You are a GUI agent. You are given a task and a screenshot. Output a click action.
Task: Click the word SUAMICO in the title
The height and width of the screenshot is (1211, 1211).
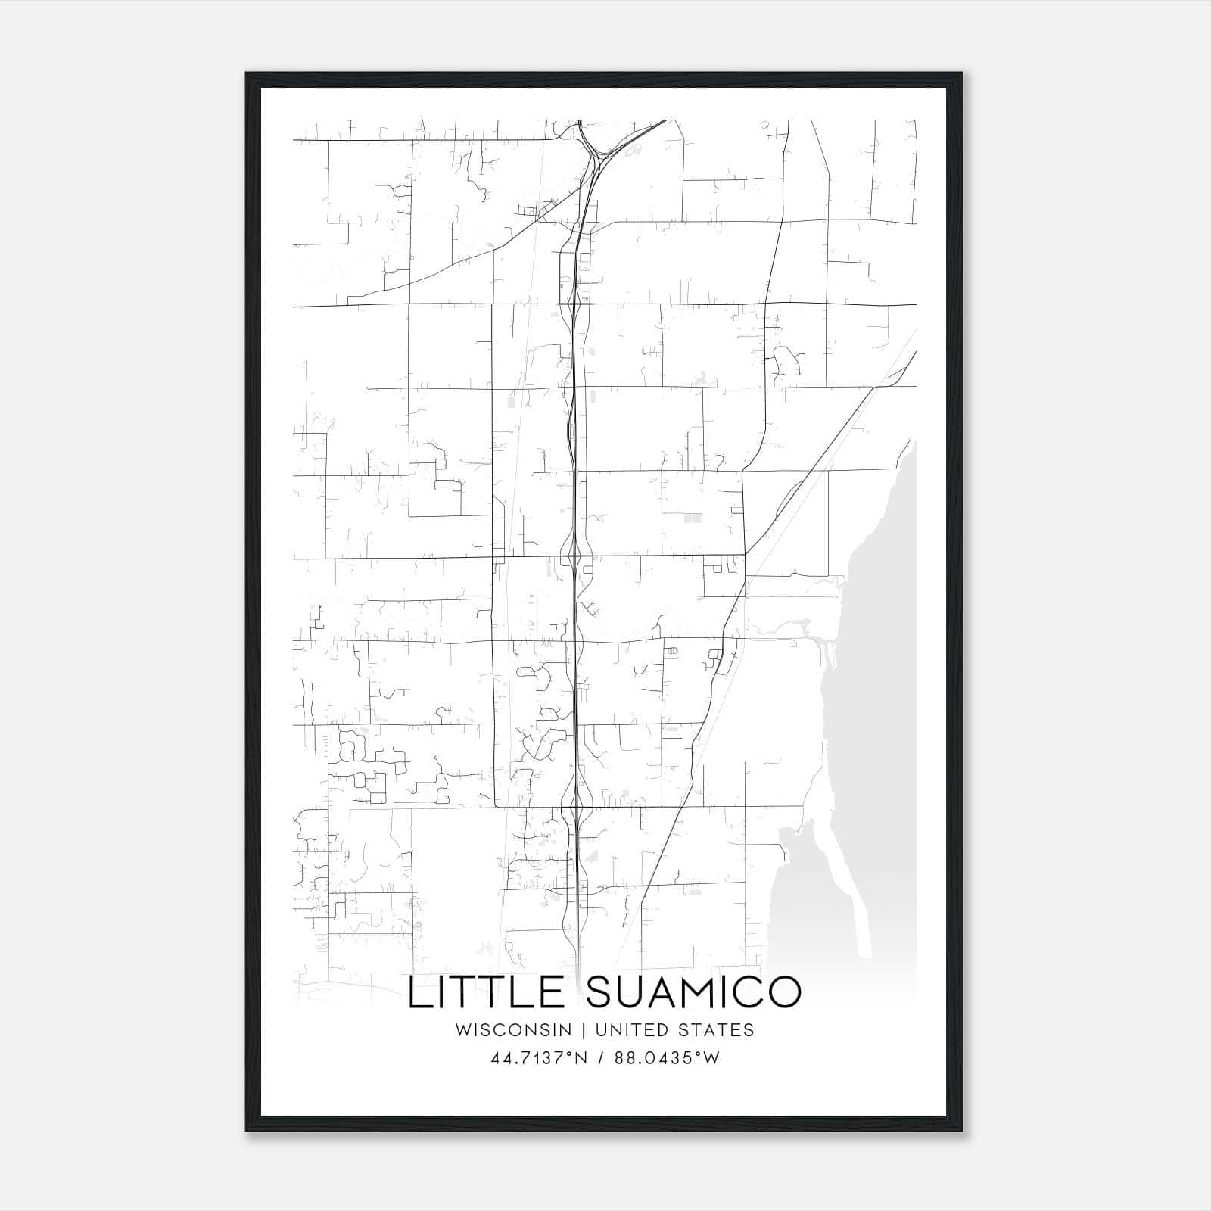coord(693,992)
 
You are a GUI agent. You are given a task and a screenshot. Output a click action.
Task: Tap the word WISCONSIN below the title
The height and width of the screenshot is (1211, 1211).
coord(518,1030)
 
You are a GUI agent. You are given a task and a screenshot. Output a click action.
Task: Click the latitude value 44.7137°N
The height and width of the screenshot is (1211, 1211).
coord(540,1058)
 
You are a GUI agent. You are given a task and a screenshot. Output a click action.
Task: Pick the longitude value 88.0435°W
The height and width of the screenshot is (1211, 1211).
coord(665,1058)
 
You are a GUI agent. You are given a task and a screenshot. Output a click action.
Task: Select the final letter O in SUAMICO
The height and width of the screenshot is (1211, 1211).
coord(783,992)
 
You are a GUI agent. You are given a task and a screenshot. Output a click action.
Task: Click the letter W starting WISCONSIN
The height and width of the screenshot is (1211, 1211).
coord(462,1030)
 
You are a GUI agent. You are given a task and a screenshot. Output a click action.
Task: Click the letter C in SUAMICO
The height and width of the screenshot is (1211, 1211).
coord(749,992)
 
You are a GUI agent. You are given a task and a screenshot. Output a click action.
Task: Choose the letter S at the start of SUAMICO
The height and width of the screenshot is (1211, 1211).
coord(600,992)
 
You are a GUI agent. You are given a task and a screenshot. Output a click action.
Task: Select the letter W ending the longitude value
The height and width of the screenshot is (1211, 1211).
coord(711,1058)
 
